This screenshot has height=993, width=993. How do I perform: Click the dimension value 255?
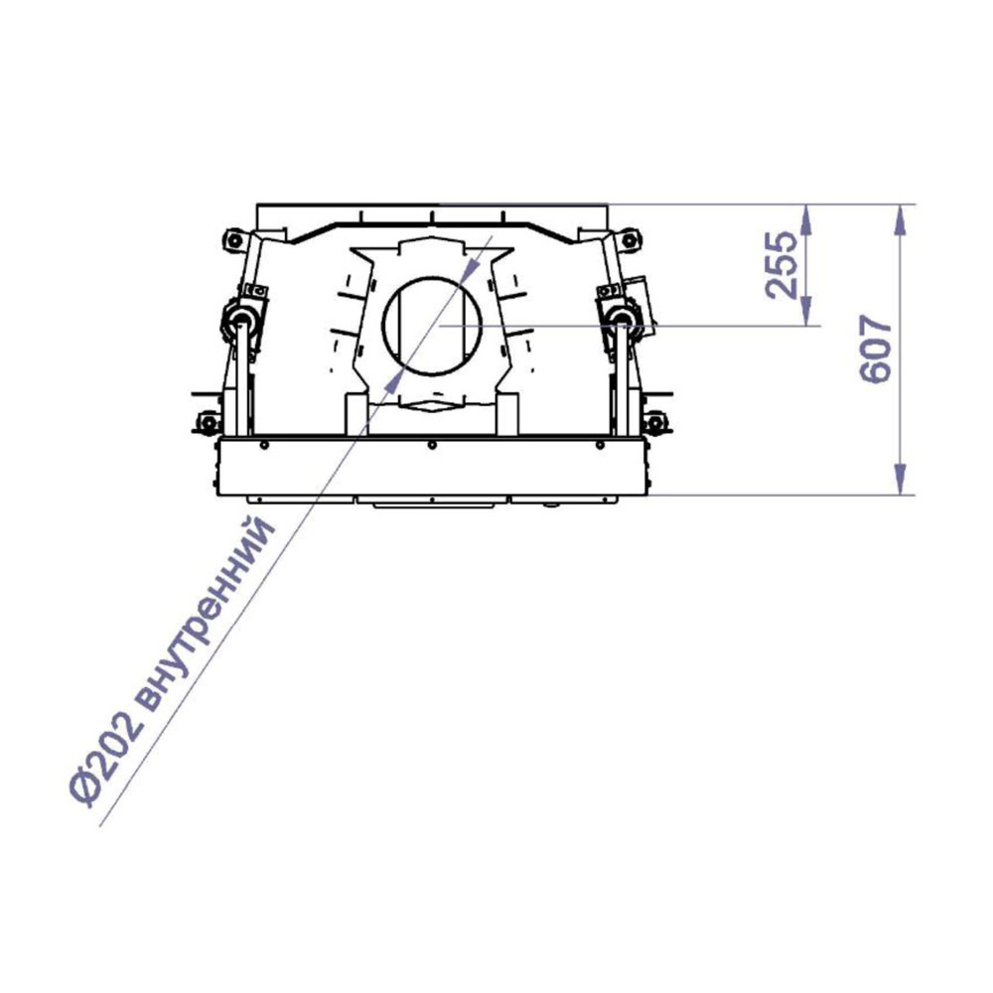[x=781, y=265]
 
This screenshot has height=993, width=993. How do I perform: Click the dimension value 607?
[x=877, y=349]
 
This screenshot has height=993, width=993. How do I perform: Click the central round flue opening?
[x=433, y=326]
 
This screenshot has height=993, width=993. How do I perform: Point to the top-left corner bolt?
[x=233, y=240]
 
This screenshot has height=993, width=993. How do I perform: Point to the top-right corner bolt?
[x=629, y=240]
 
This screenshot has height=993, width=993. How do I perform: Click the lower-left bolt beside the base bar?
[x=208, y=422]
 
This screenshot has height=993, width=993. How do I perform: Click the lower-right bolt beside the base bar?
[x=654, y=422]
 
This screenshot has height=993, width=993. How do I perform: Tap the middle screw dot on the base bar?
[x=432, y=446]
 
